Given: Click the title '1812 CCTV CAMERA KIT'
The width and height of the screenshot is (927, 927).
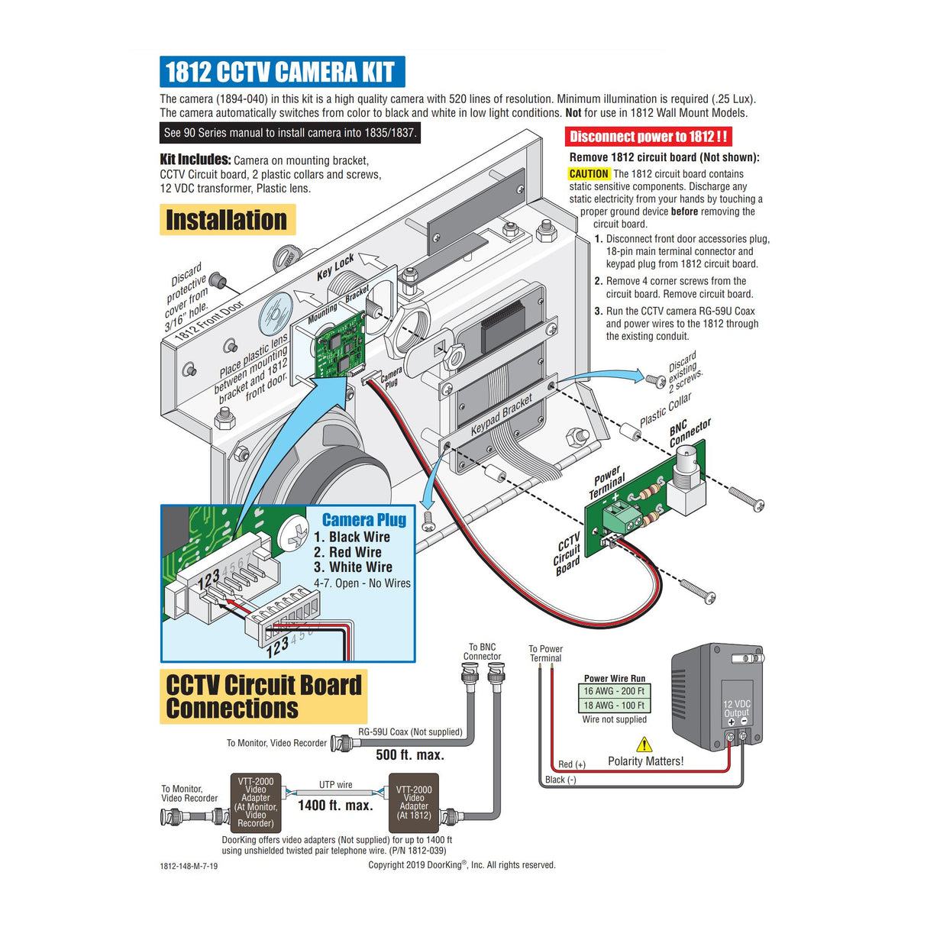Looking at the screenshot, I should pos(281,72).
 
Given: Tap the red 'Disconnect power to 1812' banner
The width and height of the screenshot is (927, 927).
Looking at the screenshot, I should pos(648,137).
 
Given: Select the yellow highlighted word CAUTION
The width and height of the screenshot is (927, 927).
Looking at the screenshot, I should pos(589,174).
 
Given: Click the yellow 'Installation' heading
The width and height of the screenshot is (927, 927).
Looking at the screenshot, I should pos(227,220).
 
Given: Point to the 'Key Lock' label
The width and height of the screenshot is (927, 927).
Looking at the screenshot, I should pos(335,266).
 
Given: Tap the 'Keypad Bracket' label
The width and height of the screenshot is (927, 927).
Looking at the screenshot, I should pos(501,415).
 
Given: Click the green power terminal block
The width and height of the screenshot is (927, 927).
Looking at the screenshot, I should pos(621,516).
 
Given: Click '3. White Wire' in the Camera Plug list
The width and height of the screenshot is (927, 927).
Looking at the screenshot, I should pos(353,567).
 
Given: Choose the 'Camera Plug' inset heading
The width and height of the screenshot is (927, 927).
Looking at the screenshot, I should pos(363,520).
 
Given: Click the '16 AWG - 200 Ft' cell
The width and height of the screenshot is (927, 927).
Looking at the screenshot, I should pos(614,691).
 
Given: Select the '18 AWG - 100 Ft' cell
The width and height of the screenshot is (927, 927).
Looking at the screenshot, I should pos(614,706).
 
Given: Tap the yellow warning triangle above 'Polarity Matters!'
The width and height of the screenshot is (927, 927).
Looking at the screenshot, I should pos(644,745).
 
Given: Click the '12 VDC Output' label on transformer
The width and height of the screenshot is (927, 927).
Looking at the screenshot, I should pos(736,709).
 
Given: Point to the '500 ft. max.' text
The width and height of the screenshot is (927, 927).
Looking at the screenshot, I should pos(409,755).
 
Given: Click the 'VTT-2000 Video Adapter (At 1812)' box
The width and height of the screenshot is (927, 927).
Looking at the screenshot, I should pos(413,803).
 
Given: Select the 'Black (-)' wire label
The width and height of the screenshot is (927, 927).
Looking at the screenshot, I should pos(560,780).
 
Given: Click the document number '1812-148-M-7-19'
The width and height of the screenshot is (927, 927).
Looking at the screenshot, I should pos(189,866).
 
